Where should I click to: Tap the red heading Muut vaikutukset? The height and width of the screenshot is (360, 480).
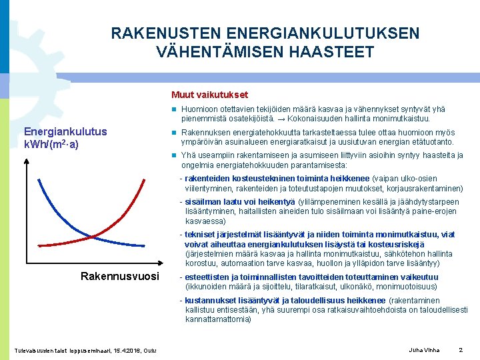[209, 95]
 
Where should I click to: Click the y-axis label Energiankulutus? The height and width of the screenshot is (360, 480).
[65, 131]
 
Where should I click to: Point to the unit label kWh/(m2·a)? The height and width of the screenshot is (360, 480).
[51, 144]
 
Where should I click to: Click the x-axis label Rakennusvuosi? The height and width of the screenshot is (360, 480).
[119, 276]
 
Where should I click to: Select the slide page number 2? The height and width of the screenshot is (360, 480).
[461, 350]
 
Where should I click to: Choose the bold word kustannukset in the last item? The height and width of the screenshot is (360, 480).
[210, 300]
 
